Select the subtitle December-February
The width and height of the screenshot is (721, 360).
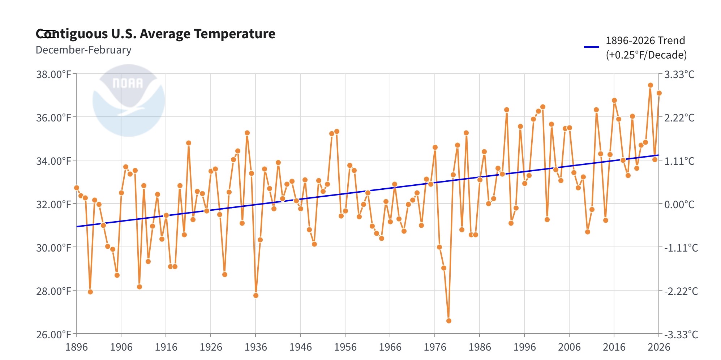tap(83, 50)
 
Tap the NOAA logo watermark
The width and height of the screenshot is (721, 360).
tap(128, 100)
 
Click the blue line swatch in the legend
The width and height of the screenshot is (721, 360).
tap(591, 47)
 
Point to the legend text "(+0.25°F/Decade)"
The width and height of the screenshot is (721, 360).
tap(646, 55)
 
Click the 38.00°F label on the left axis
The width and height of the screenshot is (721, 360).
tap(53, 74)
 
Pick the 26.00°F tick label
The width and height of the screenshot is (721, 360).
tap(53, 334)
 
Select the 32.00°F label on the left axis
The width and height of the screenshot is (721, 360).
tap(53, 205)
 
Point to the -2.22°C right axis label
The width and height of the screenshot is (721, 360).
tap(681, 291)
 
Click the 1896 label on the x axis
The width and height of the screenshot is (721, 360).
tap(76, 347)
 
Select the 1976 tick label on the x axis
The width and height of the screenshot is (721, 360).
tap(435, 347)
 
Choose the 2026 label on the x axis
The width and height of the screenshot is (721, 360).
tap(658, 347)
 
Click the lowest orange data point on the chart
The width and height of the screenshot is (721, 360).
tap(449, 321)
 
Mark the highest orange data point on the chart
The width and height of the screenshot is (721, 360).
tap(650, 85)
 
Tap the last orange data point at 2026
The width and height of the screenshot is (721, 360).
tap(659, 93)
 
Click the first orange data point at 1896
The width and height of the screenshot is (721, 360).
tap(77, 188)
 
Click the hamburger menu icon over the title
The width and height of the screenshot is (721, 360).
tap(48, 34)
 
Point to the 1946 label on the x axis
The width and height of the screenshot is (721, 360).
tap(300, 347)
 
